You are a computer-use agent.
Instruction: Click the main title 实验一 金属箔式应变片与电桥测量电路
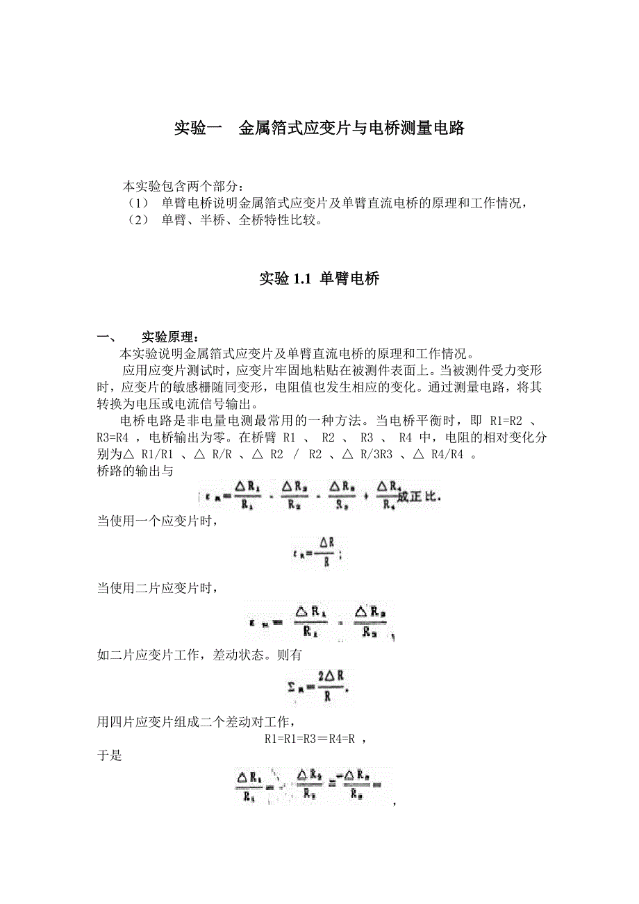pos(319,128)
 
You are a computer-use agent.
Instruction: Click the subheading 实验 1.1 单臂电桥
pos(319,279)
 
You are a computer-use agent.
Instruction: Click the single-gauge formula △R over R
pos(319,553)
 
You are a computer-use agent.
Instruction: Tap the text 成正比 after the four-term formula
pos(419,497)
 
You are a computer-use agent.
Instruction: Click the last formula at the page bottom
pos(313,787)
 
